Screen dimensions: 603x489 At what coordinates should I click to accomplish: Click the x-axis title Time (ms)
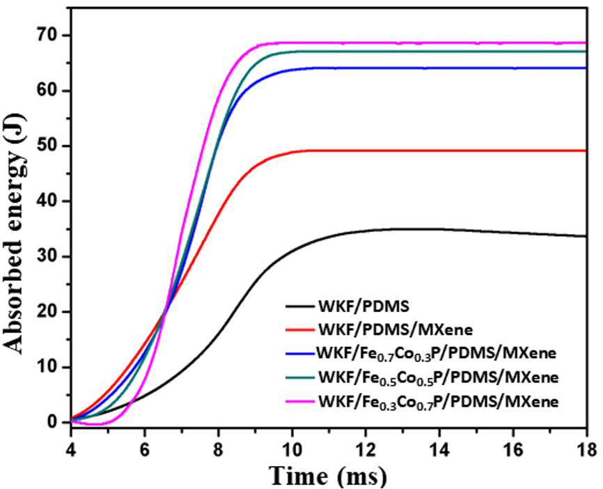[x=329, y=476]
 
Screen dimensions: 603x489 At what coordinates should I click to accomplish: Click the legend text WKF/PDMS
[x=363, y=306]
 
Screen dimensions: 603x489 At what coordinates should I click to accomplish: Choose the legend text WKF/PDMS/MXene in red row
[x=396, y=329]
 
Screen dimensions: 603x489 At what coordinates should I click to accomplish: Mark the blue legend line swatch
[x=300, y=354]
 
